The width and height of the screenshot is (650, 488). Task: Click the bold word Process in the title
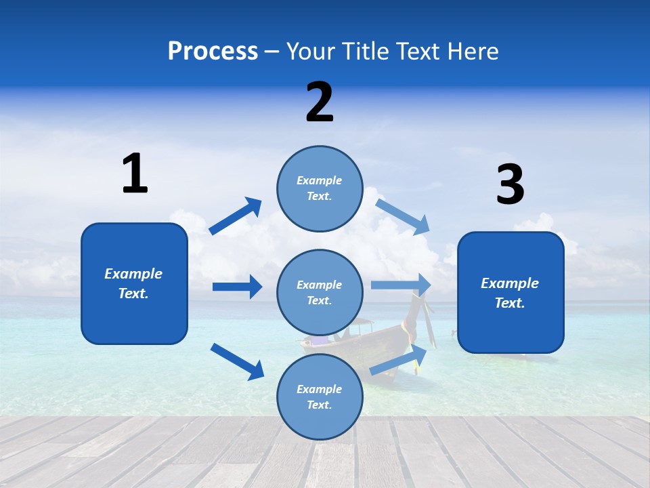coord(213,51)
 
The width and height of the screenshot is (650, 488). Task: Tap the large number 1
coord(135,174)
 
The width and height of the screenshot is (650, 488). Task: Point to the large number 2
coord(320,102)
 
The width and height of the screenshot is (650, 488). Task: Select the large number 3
coord(510,184)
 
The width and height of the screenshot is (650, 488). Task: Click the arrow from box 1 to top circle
coord(236,216)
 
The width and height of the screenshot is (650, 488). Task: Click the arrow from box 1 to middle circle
coord(237,287)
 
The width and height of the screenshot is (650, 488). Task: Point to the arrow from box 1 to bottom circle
coord(237,361)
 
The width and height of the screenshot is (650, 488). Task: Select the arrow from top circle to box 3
coord(402,217)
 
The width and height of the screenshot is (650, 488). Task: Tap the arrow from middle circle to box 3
coord(401,285)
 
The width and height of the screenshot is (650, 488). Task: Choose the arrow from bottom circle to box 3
coord(399,359)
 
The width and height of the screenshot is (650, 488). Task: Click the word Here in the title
coord(473,51)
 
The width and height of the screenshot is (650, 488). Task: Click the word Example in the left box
coord(133,274)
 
